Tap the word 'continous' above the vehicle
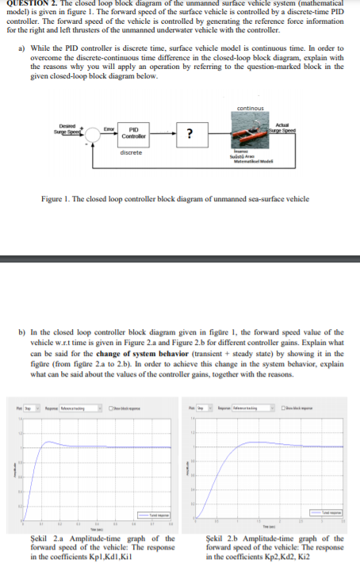point(250,109)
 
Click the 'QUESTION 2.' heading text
point(29,4)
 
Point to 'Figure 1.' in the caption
point(56,198)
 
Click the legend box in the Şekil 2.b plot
point(331,513)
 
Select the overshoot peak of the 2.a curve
point(50,442)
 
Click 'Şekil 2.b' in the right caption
point(216,539)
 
